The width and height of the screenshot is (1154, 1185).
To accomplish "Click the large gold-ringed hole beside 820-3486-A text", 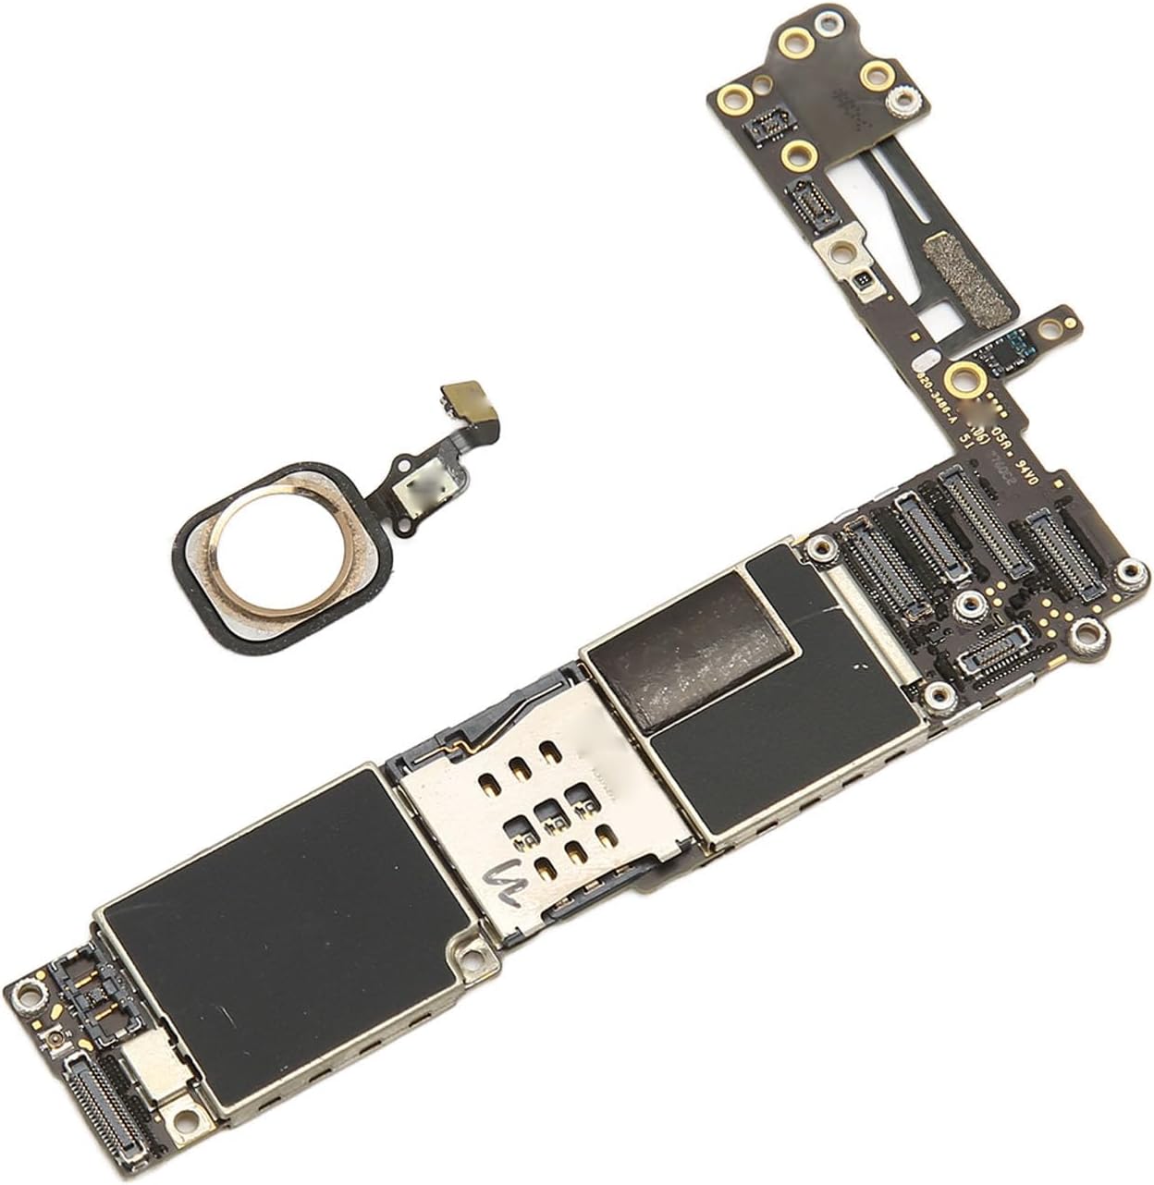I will (x=964, y=376).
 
